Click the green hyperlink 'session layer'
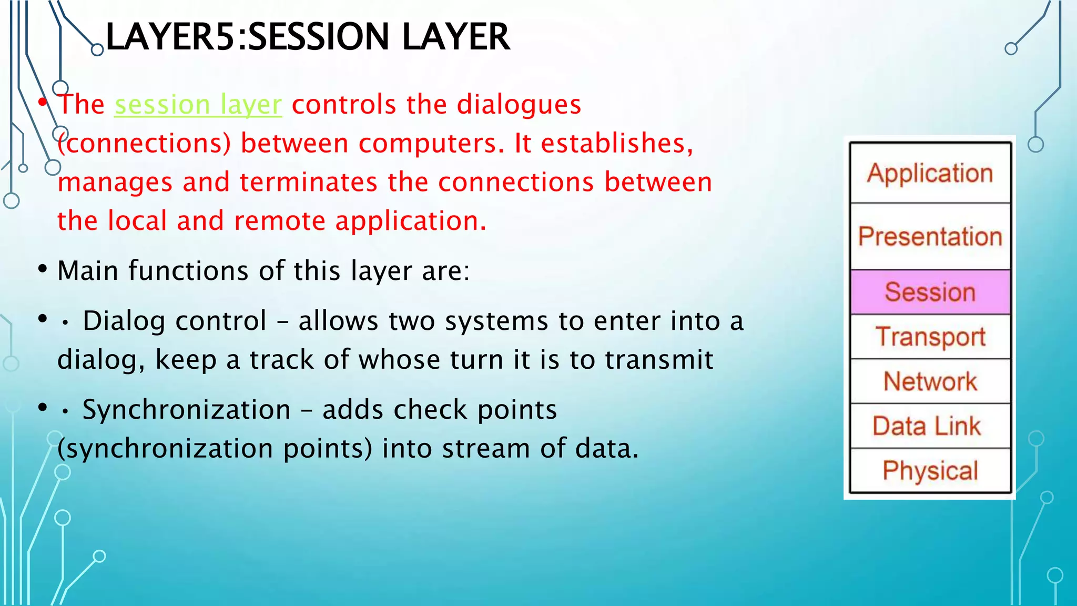point(198,105)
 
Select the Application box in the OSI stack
point(930,173)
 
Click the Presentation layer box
point(930,237)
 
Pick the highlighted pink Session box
point(930,292)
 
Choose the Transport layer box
point(930,337)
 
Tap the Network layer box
point(930,381)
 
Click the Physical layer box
point(930,471)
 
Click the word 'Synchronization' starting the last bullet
point(187,410)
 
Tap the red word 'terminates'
point(309,182)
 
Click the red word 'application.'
point(411,221)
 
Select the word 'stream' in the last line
point(485,449)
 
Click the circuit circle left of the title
point(97,50)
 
